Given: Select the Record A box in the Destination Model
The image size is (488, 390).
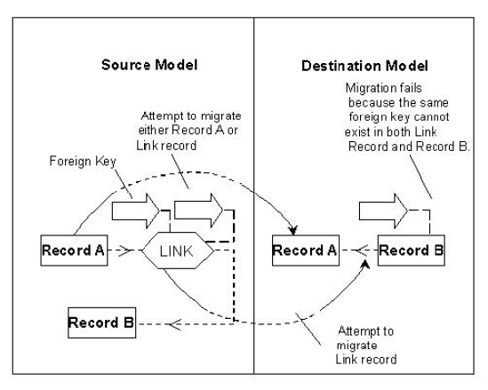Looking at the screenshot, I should click(304, 251).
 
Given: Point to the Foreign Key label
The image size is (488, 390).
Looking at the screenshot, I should click(74, 164).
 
